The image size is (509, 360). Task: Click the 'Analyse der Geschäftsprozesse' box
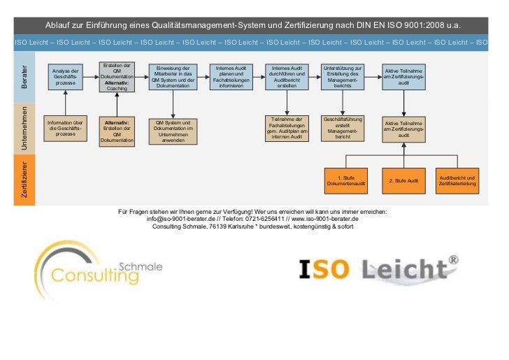(x=65, y=78)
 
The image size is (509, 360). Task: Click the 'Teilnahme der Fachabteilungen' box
(x=287, y=128)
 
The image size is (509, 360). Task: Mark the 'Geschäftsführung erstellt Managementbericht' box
(x=343, y=128)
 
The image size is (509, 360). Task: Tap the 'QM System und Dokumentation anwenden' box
(x=173, y=131)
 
